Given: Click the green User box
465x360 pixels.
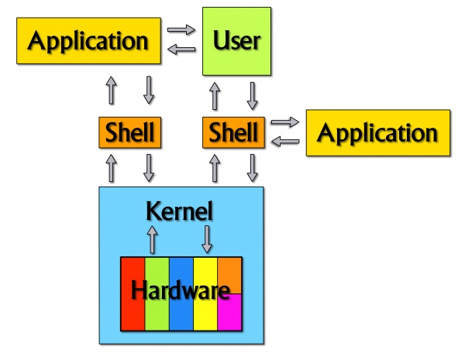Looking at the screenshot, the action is [236, 41].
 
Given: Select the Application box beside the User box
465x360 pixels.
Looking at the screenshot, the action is [88, 40].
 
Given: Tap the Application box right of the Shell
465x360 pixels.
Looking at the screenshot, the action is [378, 132].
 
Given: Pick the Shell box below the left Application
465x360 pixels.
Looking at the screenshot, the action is [130, 132].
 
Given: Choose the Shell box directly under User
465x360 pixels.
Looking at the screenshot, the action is [234, 132].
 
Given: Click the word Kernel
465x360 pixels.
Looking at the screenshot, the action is [180, 211].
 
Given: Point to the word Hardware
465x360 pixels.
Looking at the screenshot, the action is [181, 290].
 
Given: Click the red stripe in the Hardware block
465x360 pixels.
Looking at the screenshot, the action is [133, 293].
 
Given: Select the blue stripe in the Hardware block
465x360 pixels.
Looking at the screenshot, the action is [181, 293].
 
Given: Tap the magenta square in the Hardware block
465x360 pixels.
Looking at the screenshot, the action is [229, 312].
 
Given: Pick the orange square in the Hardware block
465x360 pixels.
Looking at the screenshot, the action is [229, 276].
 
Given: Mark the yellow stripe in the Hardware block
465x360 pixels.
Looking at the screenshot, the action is [205, 293].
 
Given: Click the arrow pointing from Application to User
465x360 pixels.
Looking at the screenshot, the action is [181, 29].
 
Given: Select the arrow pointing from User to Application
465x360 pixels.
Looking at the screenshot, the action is [181, 50].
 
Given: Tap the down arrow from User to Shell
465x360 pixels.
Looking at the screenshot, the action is [252, 96].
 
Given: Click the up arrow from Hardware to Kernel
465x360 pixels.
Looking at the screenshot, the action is [152, 239].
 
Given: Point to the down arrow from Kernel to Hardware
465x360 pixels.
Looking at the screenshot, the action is [207, 239].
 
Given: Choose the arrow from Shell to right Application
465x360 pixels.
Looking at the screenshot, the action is [285, 122].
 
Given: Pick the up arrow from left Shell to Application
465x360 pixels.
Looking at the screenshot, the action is [111, 90].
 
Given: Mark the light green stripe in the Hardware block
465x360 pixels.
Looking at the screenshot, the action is [157, 293].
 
